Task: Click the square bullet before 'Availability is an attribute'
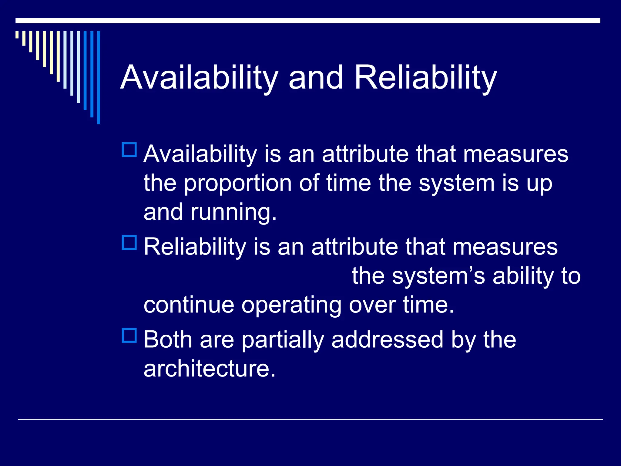(x=129, y=150)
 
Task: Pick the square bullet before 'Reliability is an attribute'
(x=129, y=242)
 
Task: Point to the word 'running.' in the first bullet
(x=233, y=212)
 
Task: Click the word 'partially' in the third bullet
(x=283, y=340)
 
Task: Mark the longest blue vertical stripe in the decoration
(x=99, y=77)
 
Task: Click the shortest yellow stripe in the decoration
(x=17, y=35)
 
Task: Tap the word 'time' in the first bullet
(x=348, y=183)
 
